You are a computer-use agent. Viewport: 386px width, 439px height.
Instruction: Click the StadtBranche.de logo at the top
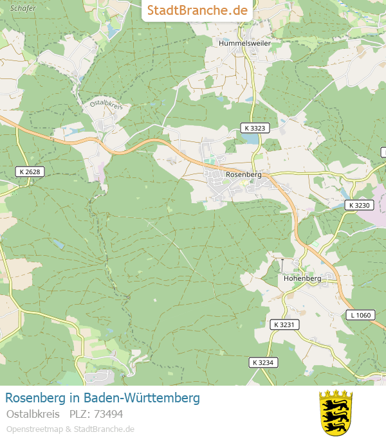197,10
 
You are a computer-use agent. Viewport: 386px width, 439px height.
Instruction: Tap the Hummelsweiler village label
244,43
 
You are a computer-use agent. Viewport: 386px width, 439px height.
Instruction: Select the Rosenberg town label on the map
244,174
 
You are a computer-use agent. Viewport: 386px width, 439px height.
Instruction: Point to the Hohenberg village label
302,279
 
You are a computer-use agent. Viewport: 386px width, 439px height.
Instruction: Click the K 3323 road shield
255,129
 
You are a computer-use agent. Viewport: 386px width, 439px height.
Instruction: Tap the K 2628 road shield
30,172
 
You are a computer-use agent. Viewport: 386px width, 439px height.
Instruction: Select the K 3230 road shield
359,205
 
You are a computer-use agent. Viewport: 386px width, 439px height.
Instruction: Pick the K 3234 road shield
262,363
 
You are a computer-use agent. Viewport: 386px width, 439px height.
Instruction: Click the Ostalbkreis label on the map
106,103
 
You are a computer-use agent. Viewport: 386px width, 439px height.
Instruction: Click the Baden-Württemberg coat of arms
336,412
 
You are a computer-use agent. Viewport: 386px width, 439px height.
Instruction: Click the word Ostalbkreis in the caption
33,414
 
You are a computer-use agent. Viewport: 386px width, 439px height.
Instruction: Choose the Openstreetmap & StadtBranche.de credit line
70,429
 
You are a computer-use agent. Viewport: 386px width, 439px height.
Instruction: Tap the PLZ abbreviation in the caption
78,414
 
